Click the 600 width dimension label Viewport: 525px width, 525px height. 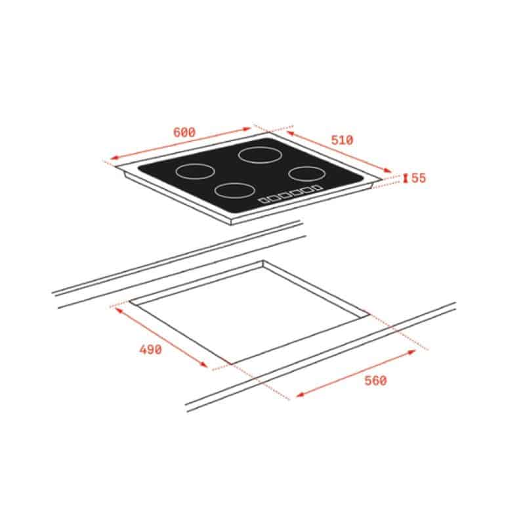[184, 133]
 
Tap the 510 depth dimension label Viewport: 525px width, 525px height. [342, 140]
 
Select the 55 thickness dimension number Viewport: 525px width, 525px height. [419, 178]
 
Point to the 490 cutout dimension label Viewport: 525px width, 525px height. [151, 350]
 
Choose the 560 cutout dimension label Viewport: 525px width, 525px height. [375, 381]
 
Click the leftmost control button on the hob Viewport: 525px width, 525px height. [264, 200]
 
